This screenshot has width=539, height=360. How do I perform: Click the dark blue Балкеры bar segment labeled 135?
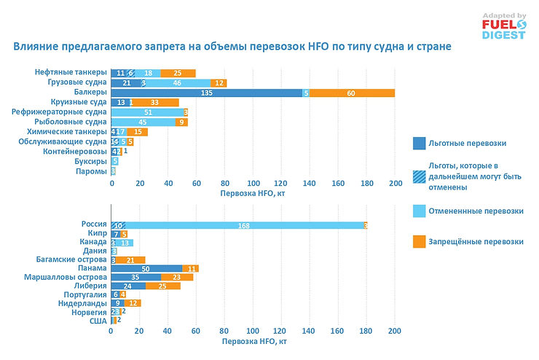[206, 93]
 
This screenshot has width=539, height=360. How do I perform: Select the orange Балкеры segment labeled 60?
[352, 93]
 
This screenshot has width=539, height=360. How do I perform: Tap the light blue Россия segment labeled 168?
[244, 226]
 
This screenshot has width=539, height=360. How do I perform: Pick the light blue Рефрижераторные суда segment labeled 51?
[149, 112]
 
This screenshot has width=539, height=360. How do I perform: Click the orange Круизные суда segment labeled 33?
[155, 103]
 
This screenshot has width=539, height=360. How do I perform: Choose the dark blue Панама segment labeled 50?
[146, 268]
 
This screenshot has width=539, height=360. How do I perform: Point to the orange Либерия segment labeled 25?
[162, 286]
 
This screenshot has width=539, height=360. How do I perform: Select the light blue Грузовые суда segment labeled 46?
[177, 83]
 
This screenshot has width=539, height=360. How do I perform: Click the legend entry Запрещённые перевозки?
[476, 241]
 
